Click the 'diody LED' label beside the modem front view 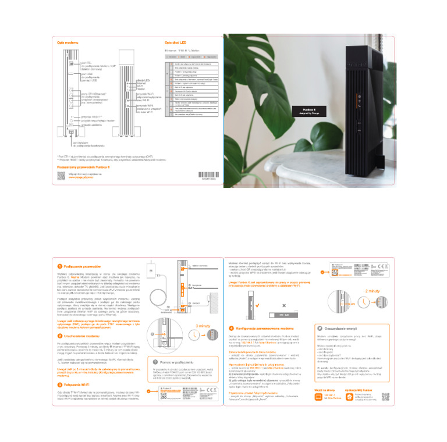coord(143,80)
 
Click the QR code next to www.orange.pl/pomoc coord(61,174)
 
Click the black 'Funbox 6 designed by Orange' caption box coord(310,111)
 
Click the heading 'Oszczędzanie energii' coord(340,329)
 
